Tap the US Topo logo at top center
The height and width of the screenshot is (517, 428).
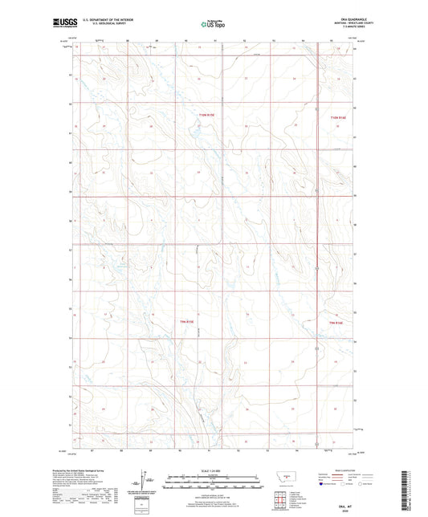pos(214,24)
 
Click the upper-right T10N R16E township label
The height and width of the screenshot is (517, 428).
pos(341,117)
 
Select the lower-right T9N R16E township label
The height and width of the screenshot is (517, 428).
pos(340,323)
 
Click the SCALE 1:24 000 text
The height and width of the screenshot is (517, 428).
pos(214,470)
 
